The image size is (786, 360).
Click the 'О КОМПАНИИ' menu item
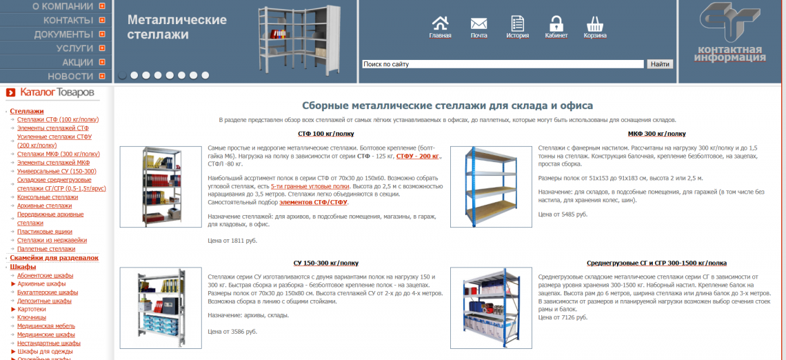(63, 6)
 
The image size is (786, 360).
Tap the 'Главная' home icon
(440, 27)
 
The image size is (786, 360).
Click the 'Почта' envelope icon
(478, 27)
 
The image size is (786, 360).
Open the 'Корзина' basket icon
(595, 27)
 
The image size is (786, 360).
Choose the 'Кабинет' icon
(556, 27)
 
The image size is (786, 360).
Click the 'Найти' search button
(660, 64)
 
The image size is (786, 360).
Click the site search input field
(503, 64)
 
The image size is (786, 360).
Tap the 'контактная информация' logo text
(730, 54)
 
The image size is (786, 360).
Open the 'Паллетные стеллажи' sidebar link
(46, 249)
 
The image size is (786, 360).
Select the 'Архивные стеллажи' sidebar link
(44, 206)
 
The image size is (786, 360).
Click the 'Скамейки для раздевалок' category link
(54, 258)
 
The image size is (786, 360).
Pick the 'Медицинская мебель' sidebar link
(46, 326)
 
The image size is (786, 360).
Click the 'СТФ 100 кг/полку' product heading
(325, 134)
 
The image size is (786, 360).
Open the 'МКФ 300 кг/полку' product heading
(656, 134)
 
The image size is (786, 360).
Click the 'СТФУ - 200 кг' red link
(418, 156)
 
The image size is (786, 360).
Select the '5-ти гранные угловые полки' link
(310, 186)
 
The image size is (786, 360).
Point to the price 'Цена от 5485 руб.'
(563, 214)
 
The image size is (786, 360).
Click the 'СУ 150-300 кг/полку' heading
(325, 263)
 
